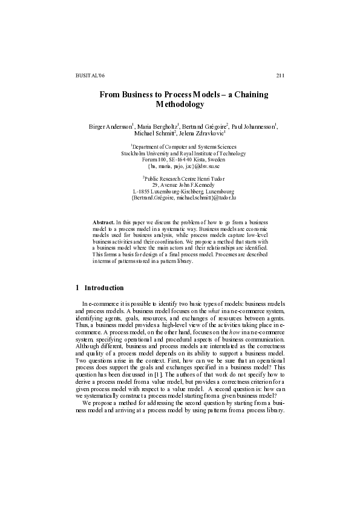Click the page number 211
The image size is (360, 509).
[x=280, y=75]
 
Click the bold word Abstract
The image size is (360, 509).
[x=103, y=223]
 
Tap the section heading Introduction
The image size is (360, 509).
[x=104, y=288]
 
